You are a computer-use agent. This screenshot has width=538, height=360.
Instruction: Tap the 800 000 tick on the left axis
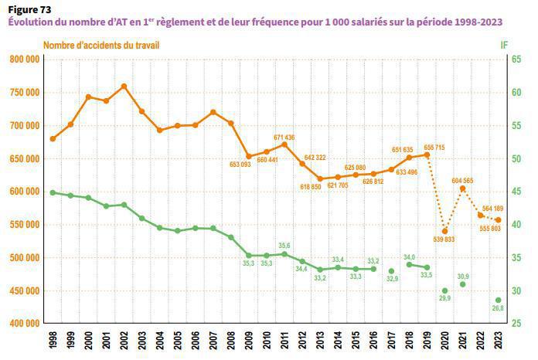tap(25, 59)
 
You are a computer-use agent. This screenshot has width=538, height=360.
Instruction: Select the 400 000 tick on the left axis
tap(25, 324)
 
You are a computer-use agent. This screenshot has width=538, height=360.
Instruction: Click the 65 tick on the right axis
tap(504, 59)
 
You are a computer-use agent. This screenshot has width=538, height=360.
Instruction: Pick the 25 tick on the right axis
tap(504, 324)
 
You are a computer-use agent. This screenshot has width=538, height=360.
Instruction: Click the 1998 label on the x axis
tap(53, 341)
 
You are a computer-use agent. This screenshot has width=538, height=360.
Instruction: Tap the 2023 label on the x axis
tap(498, 341)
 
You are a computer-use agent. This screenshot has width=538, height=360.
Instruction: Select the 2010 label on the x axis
tap(267, 341)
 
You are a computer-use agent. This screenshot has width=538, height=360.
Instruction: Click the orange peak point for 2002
tap(124, 86)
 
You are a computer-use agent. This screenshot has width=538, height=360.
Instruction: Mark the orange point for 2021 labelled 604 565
tap(462, 188)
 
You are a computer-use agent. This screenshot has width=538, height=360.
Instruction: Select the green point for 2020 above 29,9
tap(444, 291)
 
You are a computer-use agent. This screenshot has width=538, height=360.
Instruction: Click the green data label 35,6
tap(284, 246)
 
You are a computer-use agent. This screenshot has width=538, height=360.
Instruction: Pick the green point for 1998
tap(53, 192)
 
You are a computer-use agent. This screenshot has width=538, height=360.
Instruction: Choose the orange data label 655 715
tap(434, 147)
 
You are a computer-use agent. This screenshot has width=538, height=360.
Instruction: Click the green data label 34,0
tap(410, 256)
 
